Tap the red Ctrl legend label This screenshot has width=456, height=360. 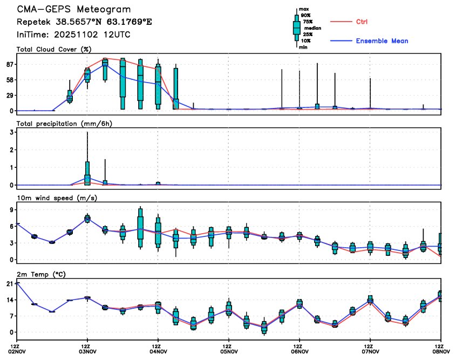[x=362, y=22]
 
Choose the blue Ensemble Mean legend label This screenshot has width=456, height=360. [x=382, y=41]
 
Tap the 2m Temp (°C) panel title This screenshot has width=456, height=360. [x=42, y=274]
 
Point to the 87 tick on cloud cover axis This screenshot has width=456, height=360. [x=9, y=64]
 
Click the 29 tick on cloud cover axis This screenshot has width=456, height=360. [x=9, y=96]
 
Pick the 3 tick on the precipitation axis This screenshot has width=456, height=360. [x=11, y=132]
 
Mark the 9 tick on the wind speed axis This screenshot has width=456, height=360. [x=11, y=212]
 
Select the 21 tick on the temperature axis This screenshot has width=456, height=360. [x=9, y=284]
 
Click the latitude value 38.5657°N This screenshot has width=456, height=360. [x=77, y=23]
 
